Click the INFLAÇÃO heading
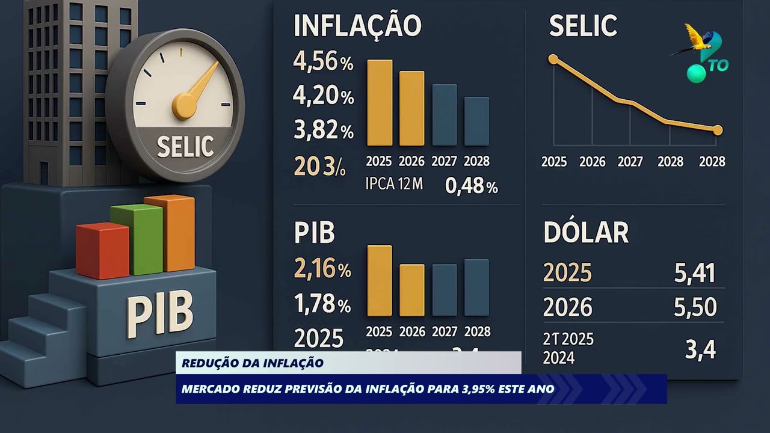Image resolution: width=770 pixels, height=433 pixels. (357, 26)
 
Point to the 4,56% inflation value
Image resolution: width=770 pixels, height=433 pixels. (323, 63)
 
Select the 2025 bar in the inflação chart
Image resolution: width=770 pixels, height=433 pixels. (380, 103)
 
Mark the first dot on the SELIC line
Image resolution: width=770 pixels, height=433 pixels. (553, 59)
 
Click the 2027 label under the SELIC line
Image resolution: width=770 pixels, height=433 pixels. (630, 162)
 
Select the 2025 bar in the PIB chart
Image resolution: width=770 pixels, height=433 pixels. (379, 281)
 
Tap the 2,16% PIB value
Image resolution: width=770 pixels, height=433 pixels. (322, 269)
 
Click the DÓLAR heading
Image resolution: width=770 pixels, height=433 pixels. (586, 233)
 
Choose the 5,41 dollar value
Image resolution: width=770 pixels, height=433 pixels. (695, 274)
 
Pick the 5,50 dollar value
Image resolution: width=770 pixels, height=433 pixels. (695, 308)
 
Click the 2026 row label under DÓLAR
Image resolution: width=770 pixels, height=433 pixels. (568, 308)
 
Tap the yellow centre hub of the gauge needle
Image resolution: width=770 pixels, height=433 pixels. (183, 106)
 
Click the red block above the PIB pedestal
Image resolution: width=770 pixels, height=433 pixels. (102, 250)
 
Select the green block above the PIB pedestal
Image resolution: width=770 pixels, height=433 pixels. (137, 238)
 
